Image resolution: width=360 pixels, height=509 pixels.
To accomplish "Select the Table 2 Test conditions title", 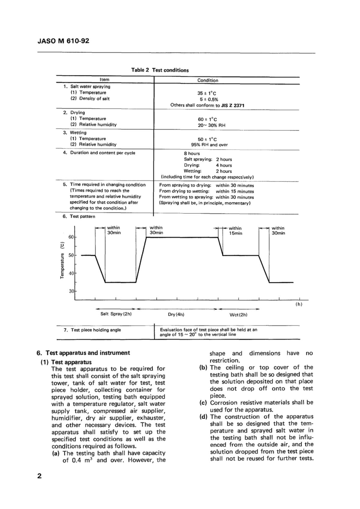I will click(160, 70).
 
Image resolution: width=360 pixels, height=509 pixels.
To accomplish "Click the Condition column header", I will click(208, 80).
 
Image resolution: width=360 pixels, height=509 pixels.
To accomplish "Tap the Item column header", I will click(104, 79).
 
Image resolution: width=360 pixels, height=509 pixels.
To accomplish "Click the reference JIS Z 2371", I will click(233, 105).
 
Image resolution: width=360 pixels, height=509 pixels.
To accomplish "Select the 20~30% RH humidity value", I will click(211, 125).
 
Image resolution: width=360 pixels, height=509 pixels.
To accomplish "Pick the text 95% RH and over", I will click(209, 145).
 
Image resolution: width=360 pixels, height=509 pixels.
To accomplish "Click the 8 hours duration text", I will click(192, 154).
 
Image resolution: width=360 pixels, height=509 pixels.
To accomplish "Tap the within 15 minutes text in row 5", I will click(235, 191).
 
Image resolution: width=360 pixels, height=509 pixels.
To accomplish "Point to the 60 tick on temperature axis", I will click(71, 237).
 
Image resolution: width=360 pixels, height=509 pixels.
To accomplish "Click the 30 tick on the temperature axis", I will click(71, 291).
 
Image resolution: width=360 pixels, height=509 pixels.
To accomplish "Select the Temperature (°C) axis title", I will click(62, 260).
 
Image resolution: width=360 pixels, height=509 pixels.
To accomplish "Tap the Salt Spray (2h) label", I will click(116, 314).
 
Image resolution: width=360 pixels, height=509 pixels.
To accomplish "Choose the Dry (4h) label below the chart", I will click(176, 315).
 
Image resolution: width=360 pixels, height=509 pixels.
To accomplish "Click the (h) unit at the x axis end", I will click(299, 304).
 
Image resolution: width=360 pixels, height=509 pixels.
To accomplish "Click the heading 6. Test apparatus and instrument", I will click(83, 353).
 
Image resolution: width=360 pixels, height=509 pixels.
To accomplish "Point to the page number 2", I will click(39, 476).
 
